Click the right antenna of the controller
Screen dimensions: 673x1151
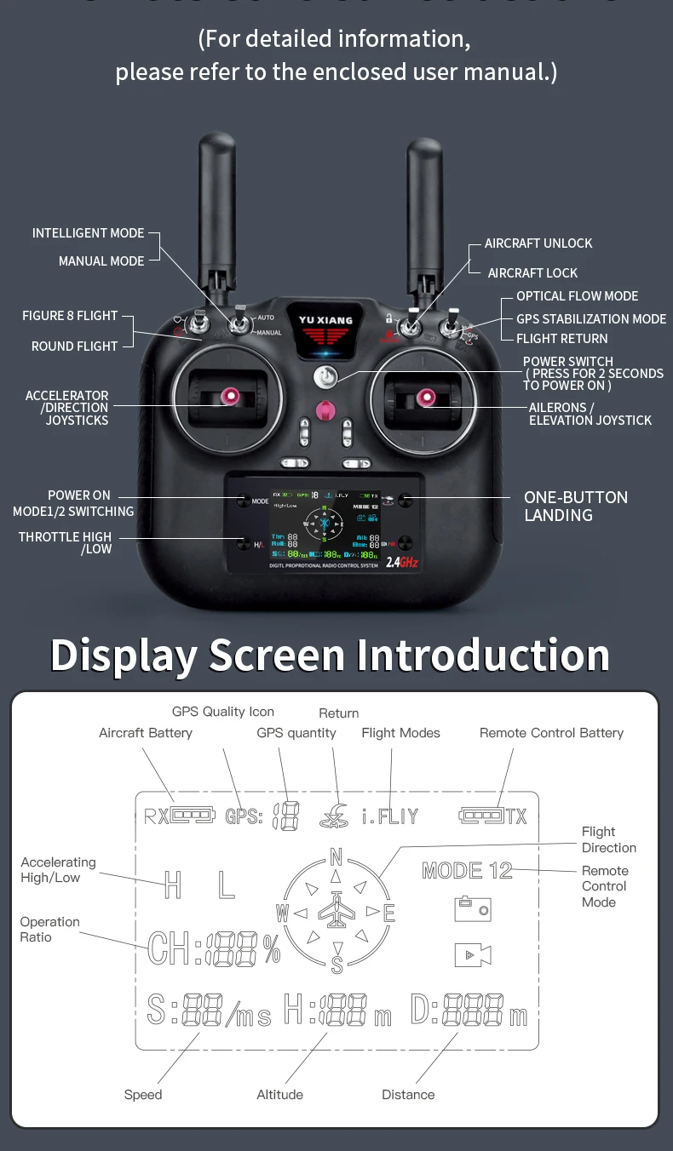pos(424,213)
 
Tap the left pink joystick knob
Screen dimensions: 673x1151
pos(229,396)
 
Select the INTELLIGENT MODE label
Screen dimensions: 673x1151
pos(89,233)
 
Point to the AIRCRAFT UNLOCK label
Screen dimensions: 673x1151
pos(538,243)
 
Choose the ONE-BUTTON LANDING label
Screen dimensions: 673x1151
pos(575,507)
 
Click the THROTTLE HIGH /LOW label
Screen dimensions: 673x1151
pos(66,542)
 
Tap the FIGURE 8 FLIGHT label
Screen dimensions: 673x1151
pos(70,316)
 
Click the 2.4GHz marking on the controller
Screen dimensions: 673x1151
pos(402,562)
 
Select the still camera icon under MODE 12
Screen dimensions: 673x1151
pos(472,909)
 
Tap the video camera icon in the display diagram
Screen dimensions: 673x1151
pos(472,955)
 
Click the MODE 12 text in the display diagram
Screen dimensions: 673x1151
pos(467,870)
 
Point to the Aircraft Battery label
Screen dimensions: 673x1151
pos(146,733)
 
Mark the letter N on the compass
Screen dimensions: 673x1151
pos(336,857)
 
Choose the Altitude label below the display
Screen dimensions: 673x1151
pos(279,1095)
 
